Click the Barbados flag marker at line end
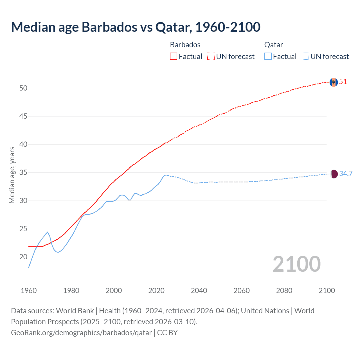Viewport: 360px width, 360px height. (334, 82)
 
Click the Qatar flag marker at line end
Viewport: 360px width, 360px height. (334, 174)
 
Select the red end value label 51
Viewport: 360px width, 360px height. (343, 82)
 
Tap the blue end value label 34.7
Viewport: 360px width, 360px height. (346, 174)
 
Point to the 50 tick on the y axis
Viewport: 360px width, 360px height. (23, 88)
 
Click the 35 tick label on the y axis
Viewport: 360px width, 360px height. (23, 172)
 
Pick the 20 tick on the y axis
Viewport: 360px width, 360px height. (23, 257)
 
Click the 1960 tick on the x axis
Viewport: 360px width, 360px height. (29, 291)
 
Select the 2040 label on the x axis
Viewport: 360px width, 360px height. (199, 291)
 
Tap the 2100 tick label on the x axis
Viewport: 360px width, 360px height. (327, 291)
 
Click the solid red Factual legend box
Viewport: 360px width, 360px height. (174, 56)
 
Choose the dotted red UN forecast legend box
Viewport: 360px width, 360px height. (211, 56)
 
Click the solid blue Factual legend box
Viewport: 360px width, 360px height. (268, 56)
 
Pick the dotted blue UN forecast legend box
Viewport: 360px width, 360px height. (305, 56)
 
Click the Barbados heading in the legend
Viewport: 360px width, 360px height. (185, 45)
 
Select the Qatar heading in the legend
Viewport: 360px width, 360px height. (273, 45)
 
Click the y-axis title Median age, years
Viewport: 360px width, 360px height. (12, 175)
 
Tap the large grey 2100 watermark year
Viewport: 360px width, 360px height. (297, 264)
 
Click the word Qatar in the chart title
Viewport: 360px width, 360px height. (174, 27)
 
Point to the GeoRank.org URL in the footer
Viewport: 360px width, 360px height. (82, 333)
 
